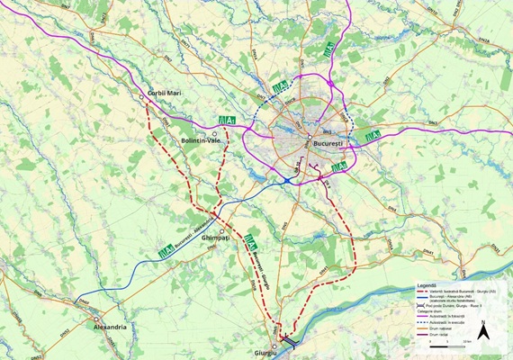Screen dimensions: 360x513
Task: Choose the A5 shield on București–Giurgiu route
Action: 254,241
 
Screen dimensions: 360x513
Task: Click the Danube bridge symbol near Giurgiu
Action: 291,340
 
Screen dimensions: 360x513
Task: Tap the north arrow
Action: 483,330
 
